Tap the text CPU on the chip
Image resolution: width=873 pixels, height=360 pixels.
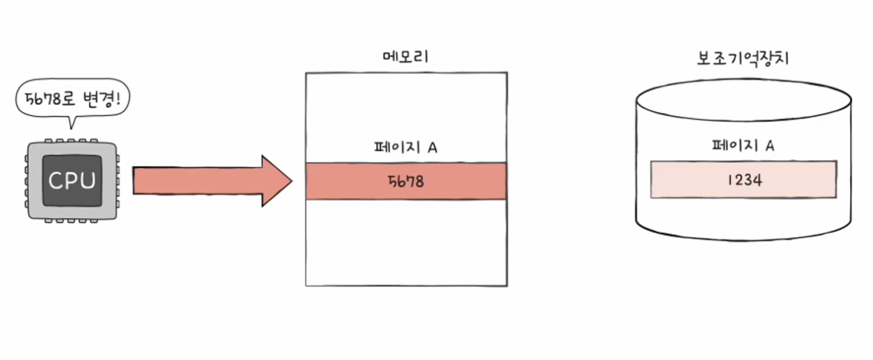pyautogui.click(x=71, y=181)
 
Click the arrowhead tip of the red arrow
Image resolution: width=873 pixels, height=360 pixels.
pyautogui.click(x=292, y=181)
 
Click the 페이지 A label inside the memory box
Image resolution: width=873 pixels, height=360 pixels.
pyautogui.click(x=405, y=147)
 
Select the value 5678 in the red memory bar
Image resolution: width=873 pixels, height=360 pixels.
pyautogui.click(x=405, y=181)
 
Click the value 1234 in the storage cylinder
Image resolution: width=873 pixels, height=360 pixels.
pyautogui.click(x=741, y=179)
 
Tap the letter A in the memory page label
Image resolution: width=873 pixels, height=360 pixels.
pyautogui.click(x=432, y=147)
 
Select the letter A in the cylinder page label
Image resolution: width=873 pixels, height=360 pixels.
pyautogui.click(x=770, y=146)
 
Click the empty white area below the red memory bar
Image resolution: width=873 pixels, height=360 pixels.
pyautogui.click(x=406, y=242)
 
